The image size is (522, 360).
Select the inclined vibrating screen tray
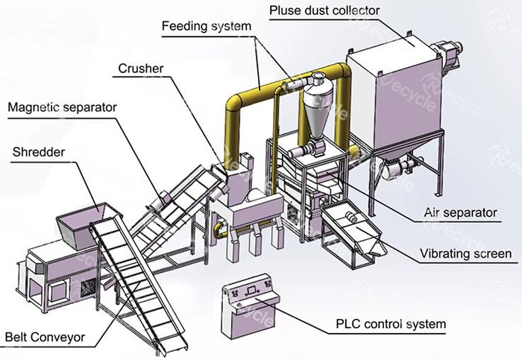click(x=350, y=224)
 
